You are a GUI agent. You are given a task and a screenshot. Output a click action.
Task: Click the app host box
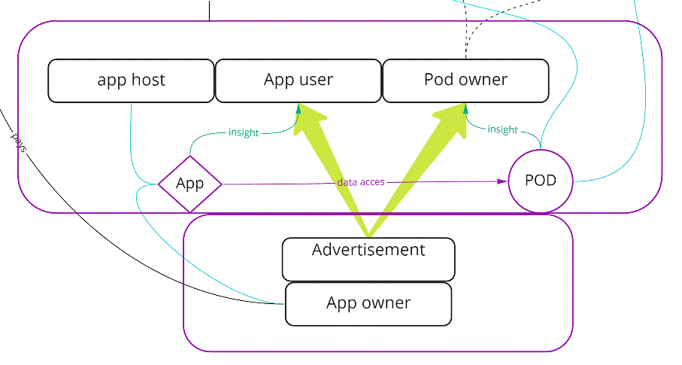click(131, 81)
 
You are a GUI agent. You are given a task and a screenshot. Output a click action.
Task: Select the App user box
click(298, 81)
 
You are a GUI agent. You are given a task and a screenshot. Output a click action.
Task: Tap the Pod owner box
click(465, 81)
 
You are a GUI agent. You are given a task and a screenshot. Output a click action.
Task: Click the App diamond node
click(189, 184)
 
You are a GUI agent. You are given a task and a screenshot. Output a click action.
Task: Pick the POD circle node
click(540, 181)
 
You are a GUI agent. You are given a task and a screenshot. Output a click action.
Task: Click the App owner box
click(368, 304)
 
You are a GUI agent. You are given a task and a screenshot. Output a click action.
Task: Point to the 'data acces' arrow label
click(361, 182)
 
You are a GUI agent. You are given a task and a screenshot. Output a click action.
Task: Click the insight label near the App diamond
click(243, 132)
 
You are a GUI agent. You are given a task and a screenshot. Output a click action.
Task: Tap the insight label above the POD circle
click(502, 129)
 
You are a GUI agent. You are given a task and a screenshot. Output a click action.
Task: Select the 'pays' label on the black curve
click(19, 142)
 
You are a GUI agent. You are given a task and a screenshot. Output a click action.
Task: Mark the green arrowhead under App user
click(299, 109)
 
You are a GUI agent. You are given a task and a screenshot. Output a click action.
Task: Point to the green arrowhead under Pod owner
click(466, 110)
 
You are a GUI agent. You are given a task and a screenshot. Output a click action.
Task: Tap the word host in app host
click(149, 81)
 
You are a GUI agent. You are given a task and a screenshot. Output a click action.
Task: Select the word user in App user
click(317, 81)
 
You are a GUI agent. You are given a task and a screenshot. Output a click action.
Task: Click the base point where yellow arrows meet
click(368, 235)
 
